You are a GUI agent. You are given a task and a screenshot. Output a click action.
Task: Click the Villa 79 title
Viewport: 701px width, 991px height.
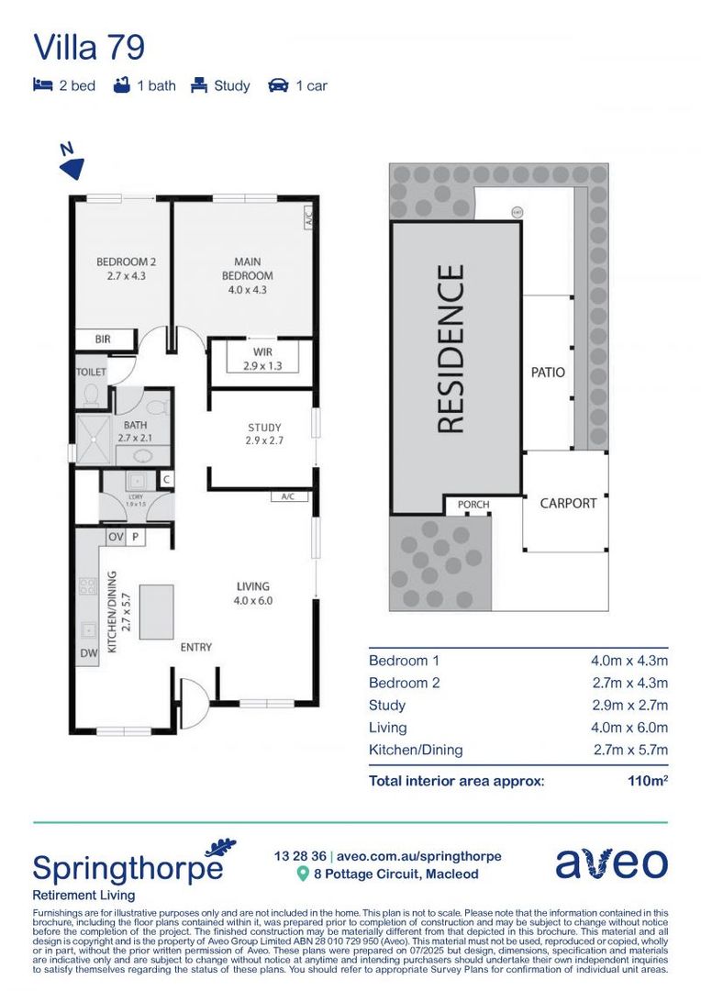pyautogui.click(x=89, y=47)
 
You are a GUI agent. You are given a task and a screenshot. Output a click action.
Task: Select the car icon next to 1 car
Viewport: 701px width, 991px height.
pyautogui.click(x=278, y=85)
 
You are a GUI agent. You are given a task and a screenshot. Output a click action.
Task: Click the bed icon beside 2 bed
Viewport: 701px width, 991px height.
pyautogui.click(x=42, y=85)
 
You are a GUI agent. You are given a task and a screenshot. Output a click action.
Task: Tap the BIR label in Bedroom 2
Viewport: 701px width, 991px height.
pyautogui.click(x=103, y=340)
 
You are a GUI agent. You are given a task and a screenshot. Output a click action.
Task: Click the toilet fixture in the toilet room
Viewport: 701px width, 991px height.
pyautogui.click(x=92, y=395)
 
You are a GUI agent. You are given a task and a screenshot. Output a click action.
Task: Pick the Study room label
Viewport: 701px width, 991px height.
pyautogui.click(x=264, y=433)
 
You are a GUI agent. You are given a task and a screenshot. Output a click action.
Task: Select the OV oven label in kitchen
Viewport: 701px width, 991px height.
pyautogui.click(x=117, y=537)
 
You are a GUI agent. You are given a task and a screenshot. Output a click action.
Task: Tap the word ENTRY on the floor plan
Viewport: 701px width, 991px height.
pyautogui.click(x=195, y=647)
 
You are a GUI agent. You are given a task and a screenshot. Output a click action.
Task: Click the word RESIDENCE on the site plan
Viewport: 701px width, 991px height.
pyautogui.click(x=451, y=349)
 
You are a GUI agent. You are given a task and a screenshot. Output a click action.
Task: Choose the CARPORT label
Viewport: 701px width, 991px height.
pyautogui.click(x=568, y=503)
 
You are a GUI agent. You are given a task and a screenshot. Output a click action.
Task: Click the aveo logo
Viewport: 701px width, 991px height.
pyautogui.click(x=611, y=863)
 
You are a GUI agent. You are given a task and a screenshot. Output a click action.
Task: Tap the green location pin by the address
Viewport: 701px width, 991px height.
pyautogui.click(x=303, y=874)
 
